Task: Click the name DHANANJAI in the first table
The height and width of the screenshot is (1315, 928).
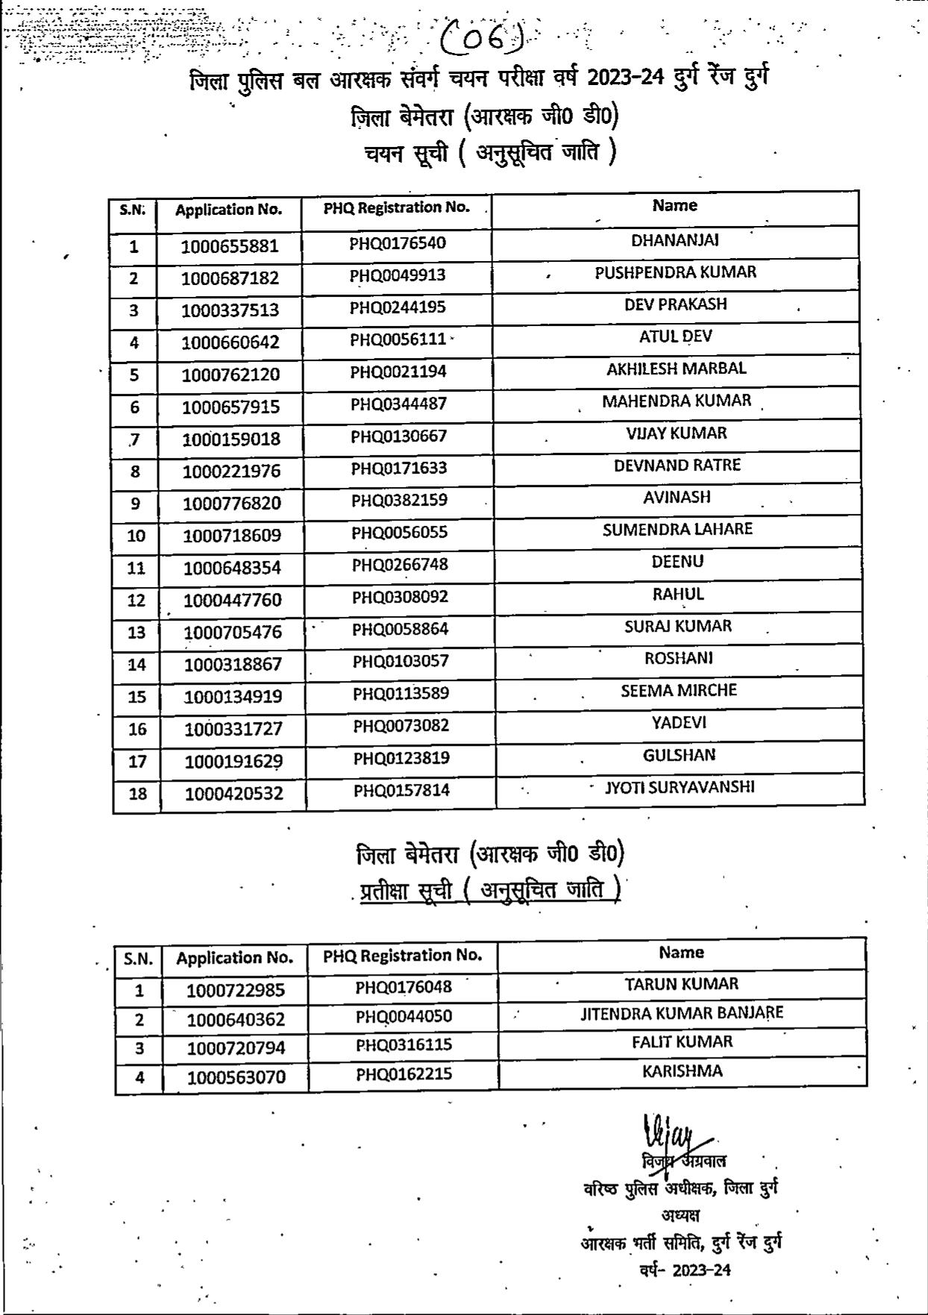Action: tap(674, 240)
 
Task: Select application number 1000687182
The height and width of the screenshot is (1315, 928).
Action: tap(230, 278)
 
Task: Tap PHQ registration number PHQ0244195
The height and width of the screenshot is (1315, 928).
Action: tap(398, 307)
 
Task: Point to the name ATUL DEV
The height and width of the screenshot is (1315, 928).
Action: tap(675, 336)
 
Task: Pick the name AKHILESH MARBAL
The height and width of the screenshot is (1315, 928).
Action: tap(676, 368)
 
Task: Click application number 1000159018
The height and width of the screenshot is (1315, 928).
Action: tap(231, 439)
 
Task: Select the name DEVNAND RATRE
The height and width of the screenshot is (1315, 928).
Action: tap(677, 465)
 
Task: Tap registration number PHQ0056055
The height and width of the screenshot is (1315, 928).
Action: tap(400, 533)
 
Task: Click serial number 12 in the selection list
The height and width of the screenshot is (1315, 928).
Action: tap(137, 600)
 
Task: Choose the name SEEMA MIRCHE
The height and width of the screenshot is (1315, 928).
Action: tap(678, 691)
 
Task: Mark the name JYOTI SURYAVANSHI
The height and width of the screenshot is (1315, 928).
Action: tap(679, 787)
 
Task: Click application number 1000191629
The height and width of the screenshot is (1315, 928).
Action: tap(233, 762)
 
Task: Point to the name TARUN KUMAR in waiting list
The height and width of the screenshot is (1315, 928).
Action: tap(681, 984)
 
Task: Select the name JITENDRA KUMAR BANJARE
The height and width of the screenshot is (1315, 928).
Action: tap(682, 1013)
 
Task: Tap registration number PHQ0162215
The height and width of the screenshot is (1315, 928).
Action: tap(404, 1074)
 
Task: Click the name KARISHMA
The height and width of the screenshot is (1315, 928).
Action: tap(682, 1071)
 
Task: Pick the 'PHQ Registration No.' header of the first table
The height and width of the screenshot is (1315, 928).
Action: tap(396, 208)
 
